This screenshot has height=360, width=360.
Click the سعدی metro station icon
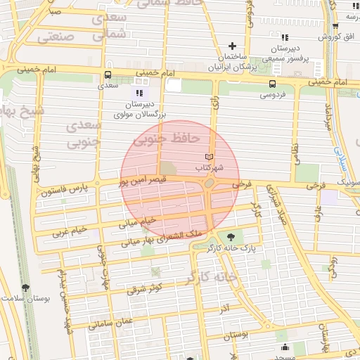click(x=108, y=75)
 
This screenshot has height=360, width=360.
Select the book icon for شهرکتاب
click(x=207, y=156)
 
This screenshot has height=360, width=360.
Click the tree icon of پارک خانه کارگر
click(x=229, y=238)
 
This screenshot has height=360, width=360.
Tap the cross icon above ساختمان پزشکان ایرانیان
click(x=231, y=46)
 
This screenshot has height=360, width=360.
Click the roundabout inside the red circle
click(x=210, y=184)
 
